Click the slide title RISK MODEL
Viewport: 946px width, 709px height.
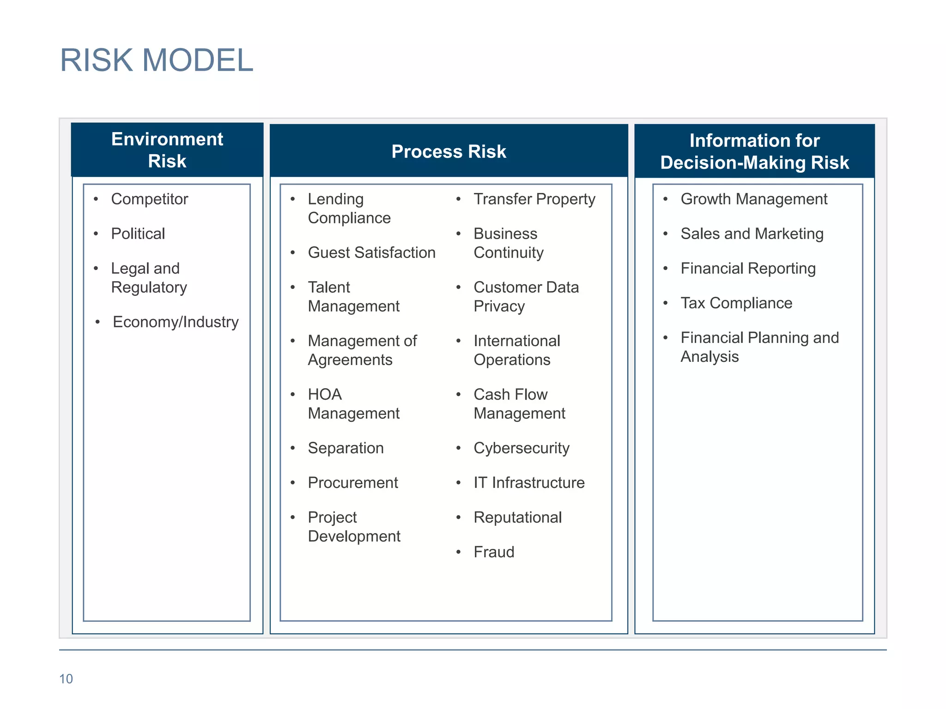click(157, 60)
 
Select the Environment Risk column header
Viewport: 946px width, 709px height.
click(167, 150)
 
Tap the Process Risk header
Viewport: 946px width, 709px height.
click(449, 151)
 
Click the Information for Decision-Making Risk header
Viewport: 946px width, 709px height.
click(754, 151)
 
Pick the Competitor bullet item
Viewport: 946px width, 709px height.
click(149, 199)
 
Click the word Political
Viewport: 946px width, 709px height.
click(138, 234)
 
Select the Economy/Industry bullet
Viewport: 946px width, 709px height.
click(176, 322)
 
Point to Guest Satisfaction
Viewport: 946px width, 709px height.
click(371, 252)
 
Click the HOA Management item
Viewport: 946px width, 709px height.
click(353, 404)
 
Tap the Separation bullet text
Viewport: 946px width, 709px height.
click(346, 448)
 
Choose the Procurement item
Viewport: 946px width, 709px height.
click(352, 483)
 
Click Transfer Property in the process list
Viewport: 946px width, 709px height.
click(534, 199)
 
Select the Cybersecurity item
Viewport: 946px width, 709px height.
click(522, 448)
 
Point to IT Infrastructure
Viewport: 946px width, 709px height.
click(529, 483)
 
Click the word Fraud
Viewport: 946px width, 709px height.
click(494, 552)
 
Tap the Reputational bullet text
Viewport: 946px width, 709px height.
click(517, 517)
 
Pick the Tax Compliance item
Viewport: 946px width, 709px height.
click(736, 303)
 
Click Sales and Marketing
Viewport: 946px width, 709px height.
click(752, 234)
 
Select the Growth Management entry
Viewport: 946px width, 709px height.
click(754, 199)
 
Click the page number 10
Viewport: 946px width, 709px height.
click(66, 679)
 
